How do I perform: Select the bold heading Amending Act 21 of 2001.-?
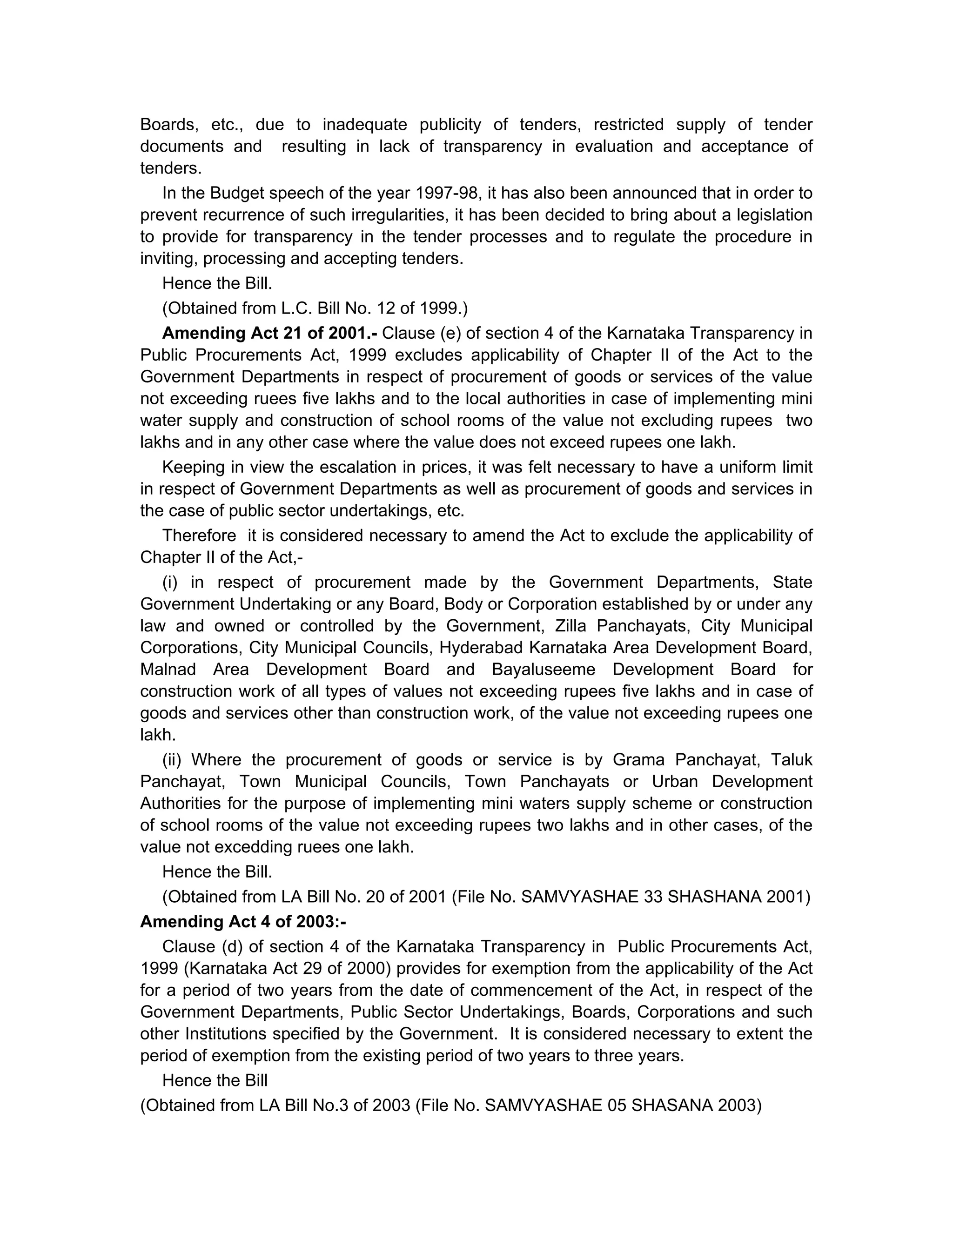(269, 333)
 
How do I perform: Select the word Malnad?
(168, 670)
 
